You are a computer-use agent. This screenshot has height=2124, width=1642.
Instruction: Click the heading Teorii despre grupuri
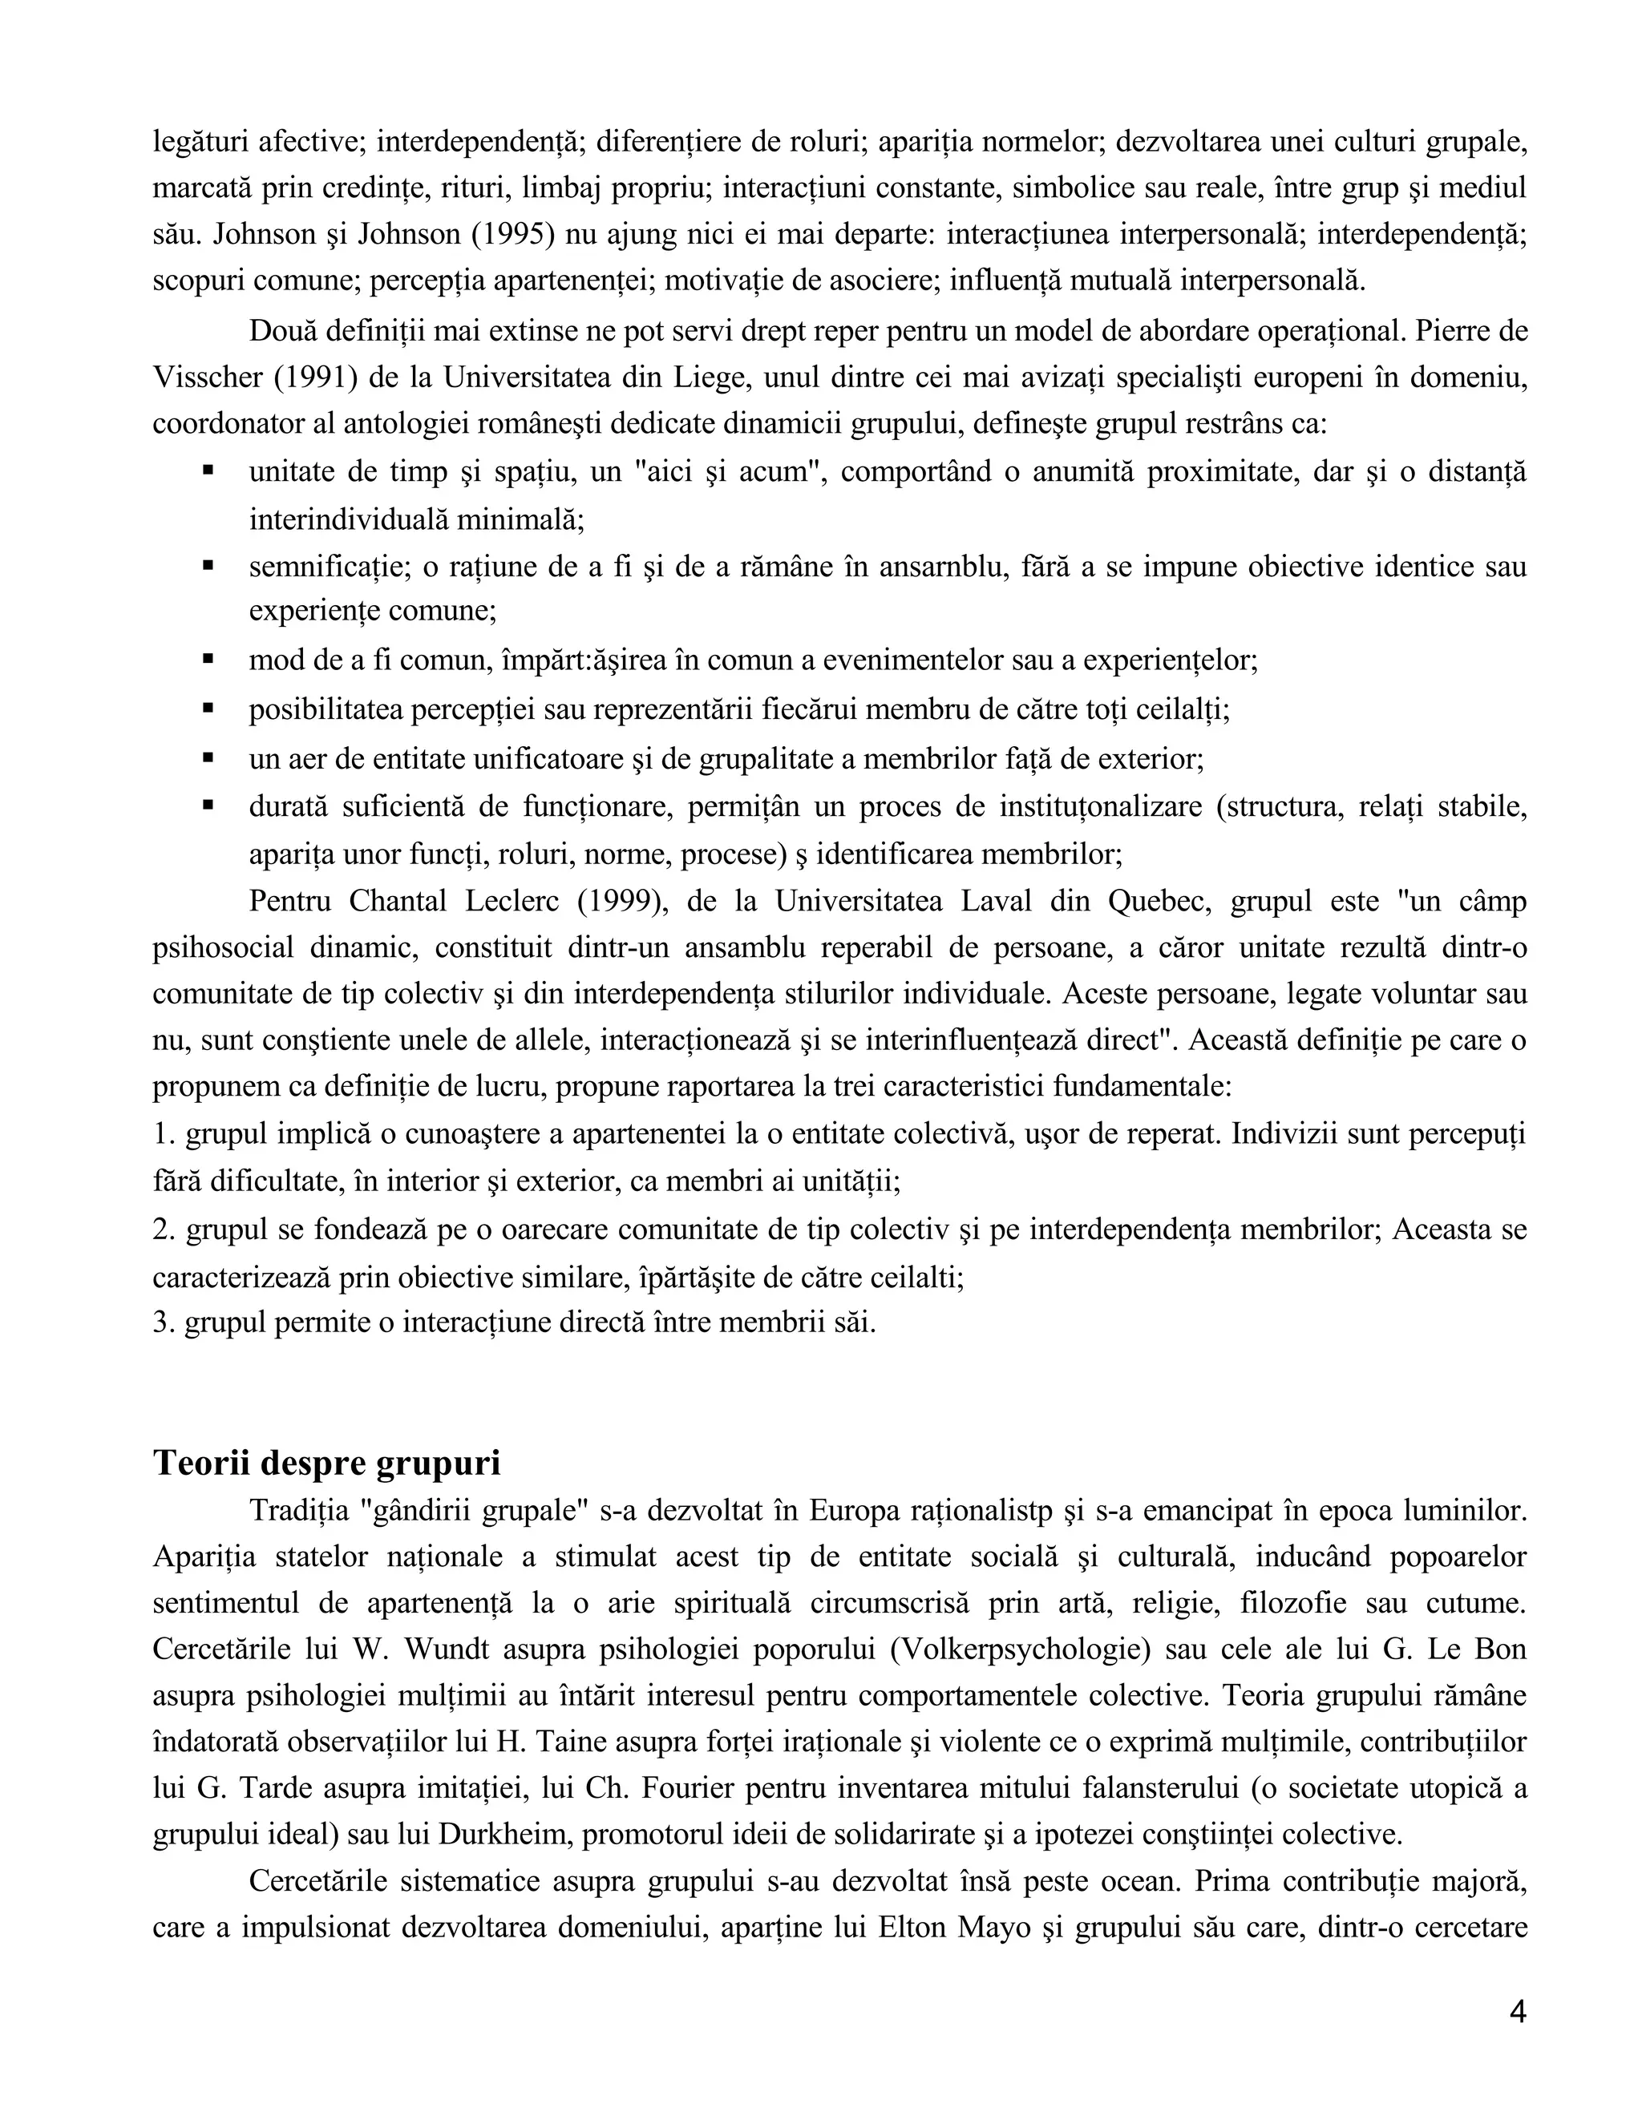[327, 1463]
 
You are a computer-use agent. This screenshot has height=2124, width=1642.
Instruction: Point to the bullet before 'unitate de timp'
[208, 470]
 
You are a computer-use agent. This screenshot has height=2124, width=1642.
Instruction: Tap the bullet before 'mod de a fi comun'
[208, 660]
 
